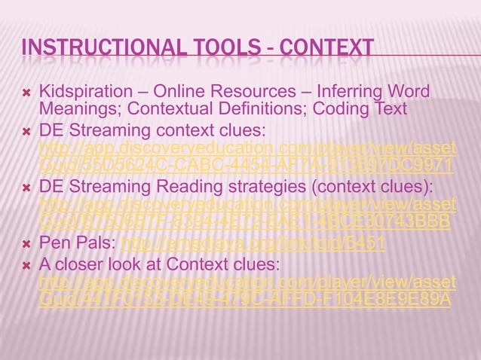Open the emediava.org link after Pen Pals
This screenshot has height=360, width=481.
pyautogui.click(x=253, y=243)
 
